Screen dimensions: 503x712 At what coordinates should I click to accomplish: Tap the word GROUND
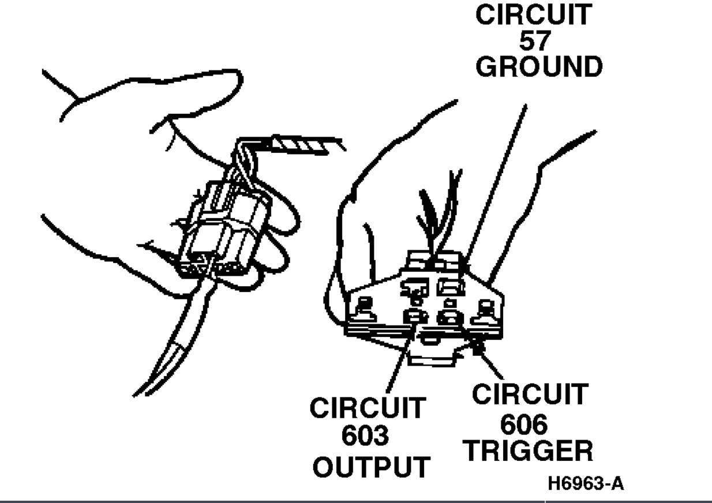tap(538, 67)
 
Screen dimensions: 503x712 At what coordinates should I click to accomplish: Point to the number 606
tap(523, 425)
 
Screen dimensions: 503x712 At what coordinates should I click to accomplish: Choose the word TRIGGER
tap(529, 451)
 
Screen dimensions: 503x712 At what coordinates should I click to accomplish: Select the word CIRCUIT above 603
tap(368, 408)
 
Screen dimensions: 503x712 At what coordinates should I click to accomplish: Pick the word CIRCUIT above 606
tap(529, 396)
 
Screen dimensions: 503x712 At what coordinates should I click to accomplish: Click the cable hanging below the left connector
tap(173, 346)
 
